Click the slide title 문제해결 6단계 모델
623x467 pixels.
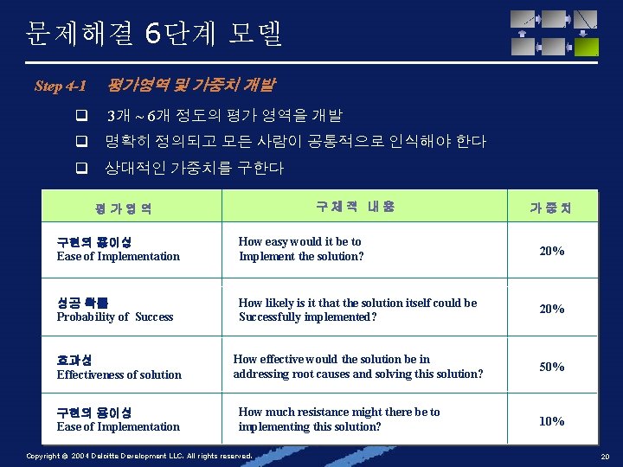154,34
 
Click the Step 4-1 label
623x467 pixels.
60,86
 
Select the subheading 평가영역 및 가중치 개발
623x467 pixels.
190,85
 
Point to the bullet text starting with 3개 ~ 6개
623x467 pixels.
224,115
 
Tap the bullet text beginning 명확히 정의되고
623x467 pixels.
295,141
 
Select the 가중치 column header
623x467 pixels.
551,208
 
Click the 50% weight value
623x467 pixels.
552,367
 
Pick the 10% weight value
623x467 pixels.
552,421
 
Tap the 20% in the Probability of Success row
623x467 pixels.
552,309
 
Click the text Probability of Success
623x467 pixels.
115,317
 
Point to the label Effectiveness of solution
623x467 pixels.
119,374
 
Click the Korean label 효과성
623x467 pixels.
74,360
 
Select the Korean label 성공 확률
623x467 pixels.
82,303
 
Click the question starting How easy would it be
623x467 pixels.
300,249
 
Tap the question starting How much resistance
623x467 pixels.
339,419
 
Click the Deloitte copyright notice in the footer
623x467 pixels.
139,456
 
